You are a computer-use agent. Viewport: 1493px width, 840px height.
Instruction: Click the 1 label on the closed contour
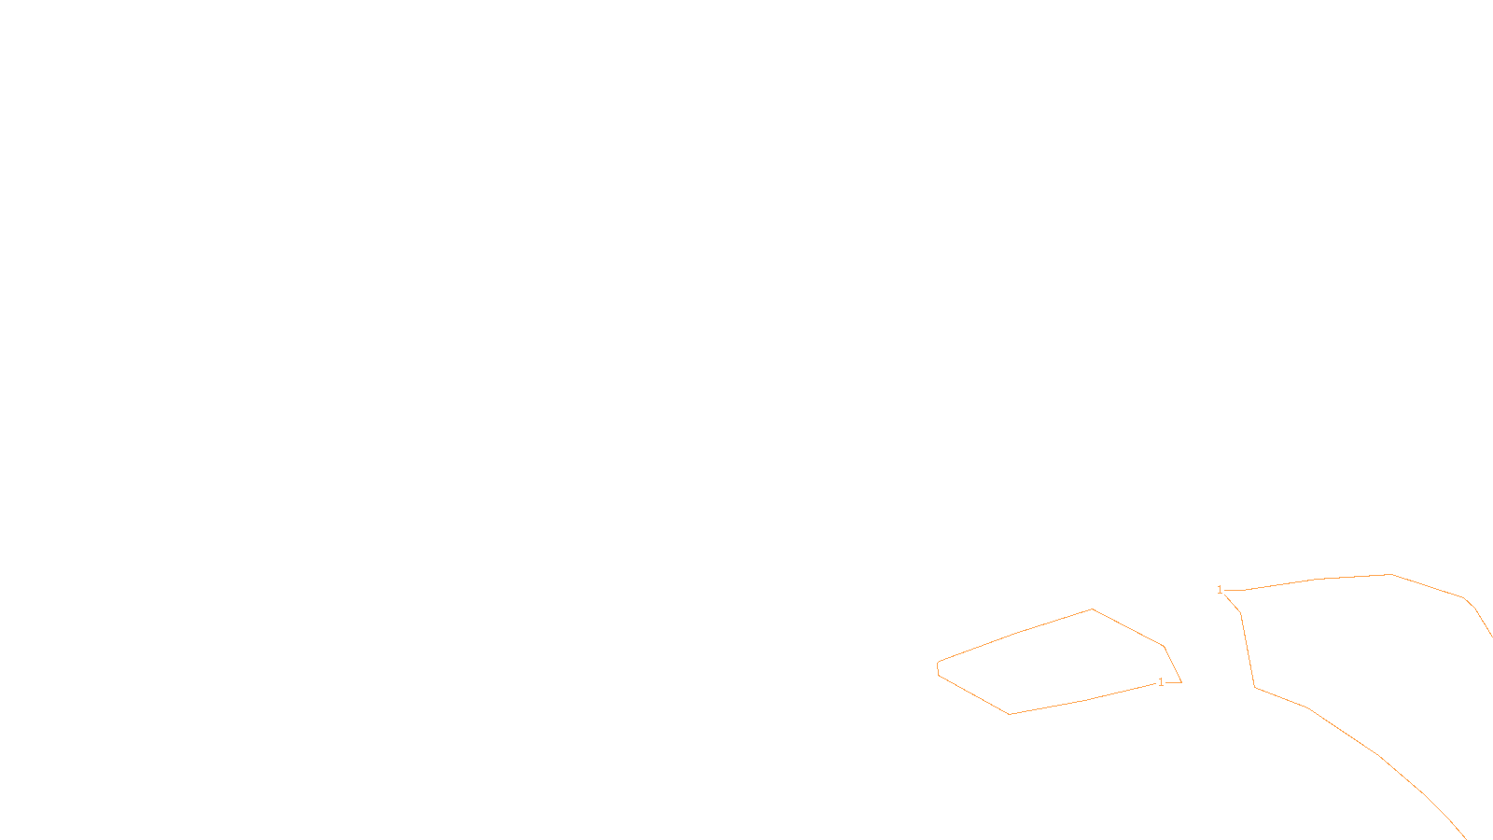1161,682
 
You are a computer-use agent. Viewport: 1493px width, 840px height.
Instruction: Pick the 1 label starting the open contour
1220,590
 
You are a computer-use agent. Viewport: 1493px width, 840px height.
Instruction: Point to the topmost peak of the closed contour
1092,609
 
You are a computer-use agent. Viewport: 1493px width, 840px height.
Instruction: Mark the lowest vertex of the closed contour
1010,714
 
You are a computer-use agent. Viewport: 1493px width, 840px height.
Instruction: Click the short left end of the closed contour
938,668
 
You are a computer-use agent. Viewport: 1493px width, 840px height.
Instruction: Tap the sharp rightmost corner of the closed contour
1181,681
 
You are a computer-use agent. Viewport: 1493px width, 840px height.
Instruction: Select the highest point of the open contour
1390,574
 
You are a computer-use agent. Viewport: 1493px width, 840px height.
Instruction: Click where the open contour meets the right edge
1491,636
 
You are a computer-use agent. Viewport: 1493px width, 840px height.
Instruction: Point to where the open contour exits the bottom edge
1466,838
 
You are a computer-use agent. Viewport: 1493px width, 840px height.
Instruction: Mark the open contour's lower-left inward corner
1255,688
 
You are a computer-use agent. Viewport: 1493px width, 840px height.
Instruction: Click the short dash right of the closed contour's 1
1174,682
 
